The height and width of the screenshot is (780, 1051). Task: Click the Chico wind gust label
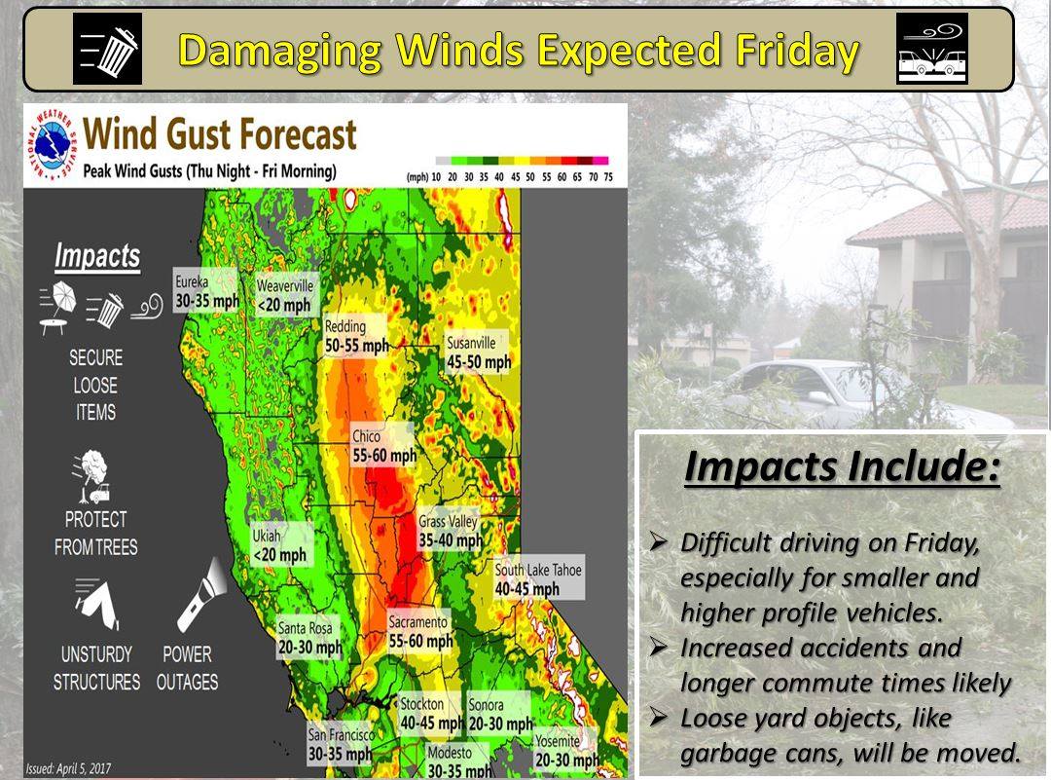coord(383,445)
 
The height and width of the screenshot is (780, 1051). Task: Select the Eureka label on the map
coord(205,290)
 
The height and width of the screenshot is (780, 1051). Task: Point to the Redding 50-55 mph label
coord(356,335)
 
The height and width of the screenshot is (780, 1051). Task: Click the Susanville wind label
coord(478,353)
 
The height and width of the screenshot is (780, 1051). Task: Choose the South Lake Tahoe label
coord(538,578)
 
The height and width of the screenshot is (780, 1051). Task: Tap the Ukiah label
coord(280,544)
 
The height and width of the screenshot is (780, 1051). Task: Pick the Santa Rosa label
coord(309,637)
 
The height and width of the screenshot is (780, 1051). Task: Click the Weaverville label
coord(285,295)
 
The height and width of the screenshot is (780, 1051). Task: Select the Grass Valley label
coord(450,531)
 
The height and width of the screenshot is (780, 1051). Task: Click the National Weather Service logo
coord(52,143)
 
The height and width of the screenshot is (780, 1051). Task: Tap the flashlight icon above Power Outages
coord(201,595)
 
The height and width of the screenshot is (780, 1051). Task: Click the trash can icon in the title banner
coord(107,49)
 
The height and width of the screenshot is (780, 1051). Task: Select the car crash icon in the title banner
coord(931,49)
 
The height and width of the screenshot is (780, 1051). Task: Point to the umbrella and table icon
coord(57,307)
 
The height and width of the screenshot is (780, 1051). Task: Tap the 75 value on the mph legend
coord(608,177)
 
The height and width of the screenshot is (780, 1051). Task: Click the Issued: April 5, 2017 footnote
coord(68,768)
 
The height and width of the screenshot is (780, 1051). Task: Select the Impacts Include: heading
coord(842,466)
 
